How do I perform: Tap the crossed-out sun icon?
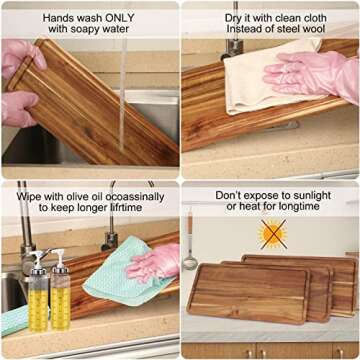(x=274, y=234)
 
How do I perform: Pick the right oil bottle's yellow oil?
(x=60, y=307)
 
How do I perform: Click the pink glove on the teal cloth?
(x=154, y=261)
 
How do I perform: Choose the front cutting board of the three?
(x=248, y=294)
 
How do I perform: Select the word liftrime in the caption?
(x=124, y=207)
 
